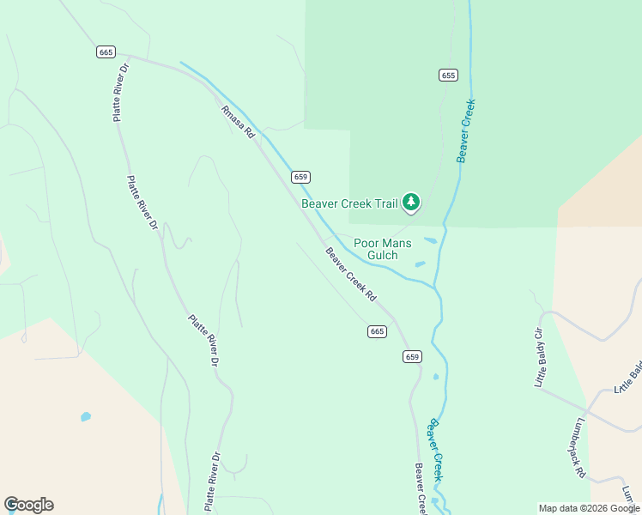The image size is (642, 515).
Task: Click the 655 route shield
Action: [x=447, y=76]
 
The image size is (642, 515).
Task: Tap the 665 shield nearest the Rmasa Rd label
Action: [x=106, y=52]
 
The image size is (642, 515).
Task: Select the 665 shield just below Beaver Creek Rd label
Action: [x=378, y=331]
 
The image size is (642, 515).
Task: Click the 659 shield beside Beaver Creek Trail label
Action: [x=300, y=177]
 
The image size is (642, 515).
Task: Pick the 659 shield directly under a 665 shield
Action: [x=412, y=356]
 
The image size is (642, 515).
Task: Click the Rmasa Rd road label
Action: [x=238, y=123]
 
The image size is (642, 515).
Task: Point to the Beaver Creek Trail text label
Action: [x=349, y=203]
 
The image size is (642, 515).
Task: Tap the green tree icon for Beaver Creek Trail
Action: [x=412, y=203]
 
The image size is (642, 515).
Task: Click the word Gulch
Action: [x=382, y=255]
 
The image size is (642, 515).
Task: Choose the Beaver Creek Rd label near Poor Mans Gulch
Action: [x=351, y=274]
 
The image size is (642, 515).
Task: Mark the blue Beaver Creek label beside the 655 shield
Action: [x=465, y=131]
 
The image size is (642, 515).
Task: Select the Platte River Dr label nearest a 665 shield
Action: [x=121, y=92]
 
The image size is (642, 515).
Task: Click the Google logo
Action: [x=28, y=505]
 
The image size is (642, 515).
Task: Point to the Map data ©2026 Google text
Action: [x=589, y=508]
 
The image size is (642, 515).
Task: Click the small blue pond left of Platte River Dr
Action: [x=86, y=417]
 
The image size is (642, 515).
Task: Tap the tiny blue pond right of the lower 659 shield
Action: [x=436, y=377]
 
